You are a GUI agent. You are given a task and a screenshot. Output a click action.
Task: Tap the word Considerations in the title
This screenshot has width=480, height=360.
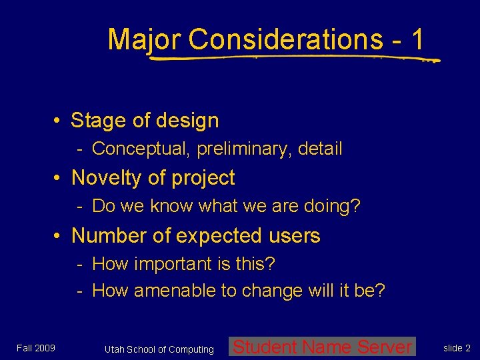click(x=285, y=39)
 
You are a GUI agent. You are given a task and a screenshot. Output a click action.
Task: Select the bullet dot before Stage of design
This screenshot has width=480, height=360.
click(x=59, y=121)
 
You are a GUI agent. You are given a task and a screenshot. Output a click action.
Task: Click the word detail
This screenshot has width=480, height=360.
click(x=319, y=149)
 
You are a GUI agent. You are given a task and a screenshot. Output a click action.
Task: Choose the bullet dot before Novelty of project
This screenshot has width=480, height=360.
click(x=59, y=179)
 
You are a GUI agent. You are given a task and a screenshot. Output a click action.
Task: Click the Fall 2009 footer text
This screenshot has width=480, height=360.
click(x=37, y=348)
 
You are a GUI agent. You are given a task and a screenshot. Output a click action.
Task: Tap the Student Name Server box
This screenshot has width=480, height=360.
click(x=322, y=347)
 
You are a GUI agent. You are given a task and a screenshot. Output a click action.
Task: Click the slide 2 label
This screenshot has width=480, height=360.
click(x=457, y=348)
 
